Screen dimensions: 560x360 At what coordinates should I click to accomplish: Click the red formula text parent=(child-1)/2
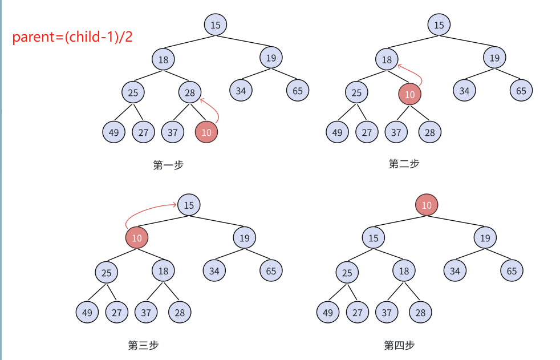[72, 38]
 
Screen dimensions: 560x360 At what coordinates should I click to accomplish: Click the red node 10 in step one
[206, 132]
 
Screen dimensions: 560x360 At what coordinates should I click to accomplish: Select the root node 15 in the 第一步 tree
[216, 25]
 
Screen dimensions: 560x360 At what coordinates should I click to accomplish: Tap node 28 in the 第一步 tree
[190, 92]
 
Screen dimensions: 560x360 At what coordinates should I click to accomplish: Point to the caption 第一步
[168, 165]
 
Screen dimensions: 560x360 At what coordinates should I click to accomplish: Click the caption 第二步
[404, 164]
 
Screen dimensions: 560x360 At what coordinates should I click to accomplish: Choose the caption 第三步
[143, 345]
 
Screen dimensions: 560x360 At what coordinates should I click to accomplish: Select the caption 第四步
[399, 345]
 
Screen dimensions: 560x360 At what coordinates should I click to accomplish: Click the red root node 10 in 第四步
[427, 205]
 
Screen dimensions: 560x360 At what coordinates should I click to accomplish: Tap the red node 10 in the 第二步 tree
[409, 95]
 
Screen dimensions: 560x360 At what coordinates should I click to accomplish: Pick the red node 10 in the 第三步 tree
[137, 238]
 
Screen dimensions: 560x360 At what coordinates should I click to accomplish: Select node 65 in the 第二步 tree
[521, 90]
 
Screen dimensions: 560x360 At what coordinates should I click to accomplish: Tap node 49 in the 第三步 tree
[87, 312]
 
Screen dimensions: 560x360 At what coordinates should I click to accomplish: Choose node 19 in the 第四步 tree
[485, 238]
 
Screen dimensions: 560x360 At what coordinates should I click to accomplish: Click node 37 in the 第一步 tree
[172, 132]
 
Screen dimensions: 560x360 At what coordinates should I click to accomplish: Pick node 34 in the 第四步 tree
[455, 270]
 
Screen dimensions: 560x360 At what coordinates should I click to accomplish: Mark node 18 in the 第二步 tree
[387, 59]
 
